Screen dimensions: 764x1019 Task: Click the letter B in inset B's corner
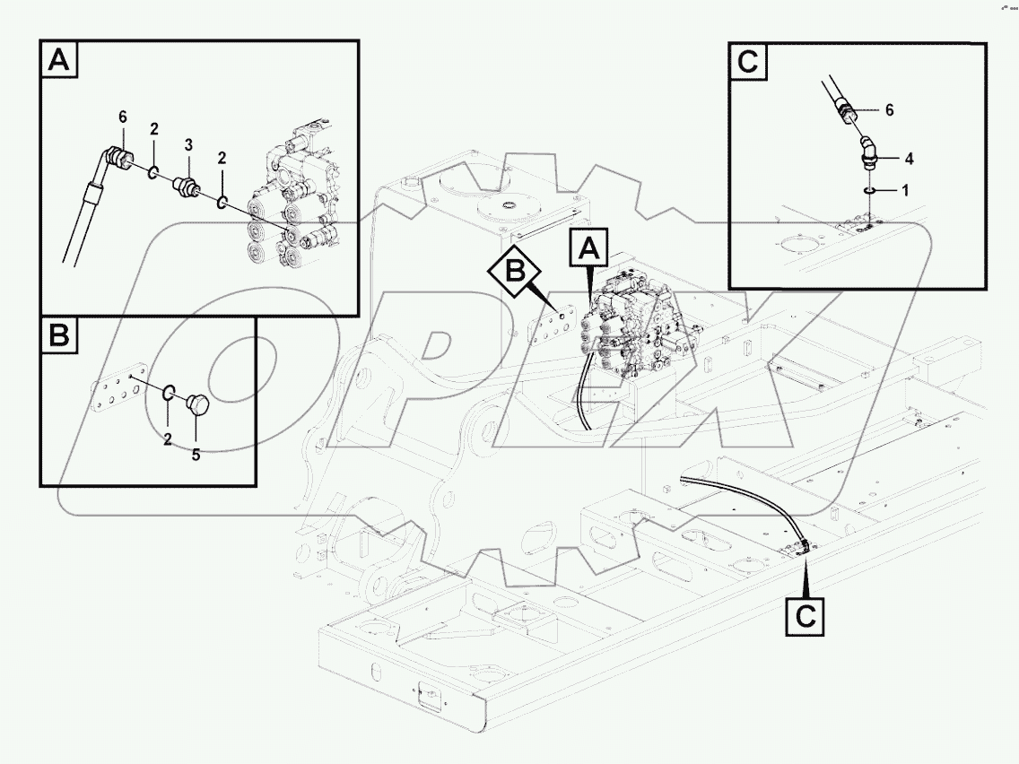(58, 337)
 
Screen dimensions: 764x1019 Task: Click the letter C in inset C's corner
(747, 63)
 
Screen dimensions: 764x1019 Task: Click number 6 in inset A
(123, 117)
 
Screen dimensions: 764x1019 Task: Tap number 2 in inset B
(168, 439)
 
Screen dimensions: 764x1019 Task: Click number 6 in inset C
(889, 109)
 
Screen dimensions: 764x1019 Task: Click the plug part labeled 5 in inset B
(197, 405)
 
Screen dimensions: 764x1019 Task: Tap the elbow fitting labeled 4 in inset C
(867, 150)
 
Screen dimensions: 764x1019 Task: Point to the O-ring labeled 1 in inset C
(868, 190)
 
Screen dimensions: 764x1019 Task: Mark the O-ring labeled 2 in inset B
(169, 392)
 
